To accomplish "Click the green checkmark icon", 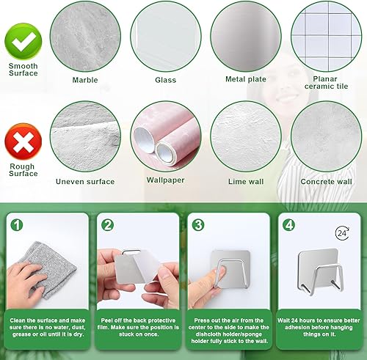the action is [23, 41].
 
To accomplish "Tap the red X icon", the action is [23, 142].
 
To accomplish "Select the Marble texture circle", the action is [85, 37].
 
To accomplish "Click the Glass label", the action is [166, 80].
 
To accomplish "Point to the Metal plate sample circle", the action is [246, 37].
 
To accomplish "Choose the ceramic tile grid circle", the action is [326, 37].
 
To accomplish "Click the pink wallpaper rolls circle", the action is [166, 136].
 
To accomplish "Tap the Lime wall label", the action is [246, 182].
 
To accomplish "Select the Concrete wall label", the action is [326, 182].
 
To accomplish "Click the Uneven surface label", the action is [85, 182].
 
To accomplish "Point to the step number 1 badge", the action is [17, 225].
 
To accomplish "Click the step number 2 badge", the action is [107, 225].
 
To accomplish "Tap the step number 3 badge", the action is [198, 225].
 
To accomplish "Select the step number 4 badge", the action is [289, 225].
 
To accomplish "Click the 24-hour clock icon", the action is [342, 233].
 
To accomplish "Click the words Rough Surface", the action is [23, 170].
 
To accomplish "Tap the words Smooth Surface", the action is [23, 70].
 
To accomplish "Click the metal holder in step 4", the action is [320, 272].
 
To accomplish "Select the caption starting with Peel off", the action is [138, 327].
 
